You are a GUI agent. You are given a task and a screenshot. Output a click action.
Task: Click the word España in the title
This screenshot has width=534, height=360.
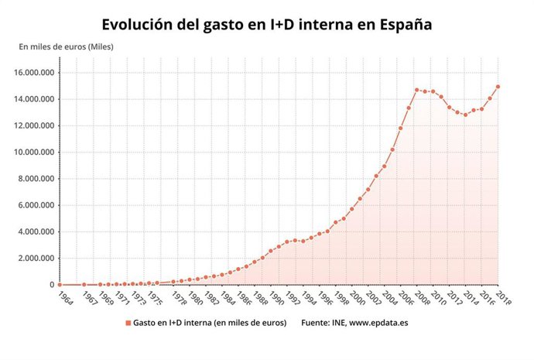tap(403, 25)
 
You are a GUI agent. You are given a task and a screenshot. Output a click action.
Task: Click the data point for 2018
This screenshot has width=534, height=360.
tap(498, 87)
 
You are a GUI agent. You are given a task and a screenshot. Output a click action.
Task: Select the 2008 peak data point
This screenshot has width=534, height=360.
tap(416, 90)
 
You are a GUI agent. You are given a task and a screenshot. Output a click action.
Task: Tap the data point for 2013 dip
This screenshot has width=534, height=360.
tap(465, 115)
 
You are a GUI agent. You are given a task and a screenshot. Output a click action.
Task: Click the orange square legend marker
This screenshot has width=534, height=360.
tap(128, 322)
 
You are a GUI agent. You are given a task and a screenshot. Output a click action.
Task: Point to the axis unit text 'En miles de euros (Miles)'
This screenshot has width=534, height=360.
tap(66, 47)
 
